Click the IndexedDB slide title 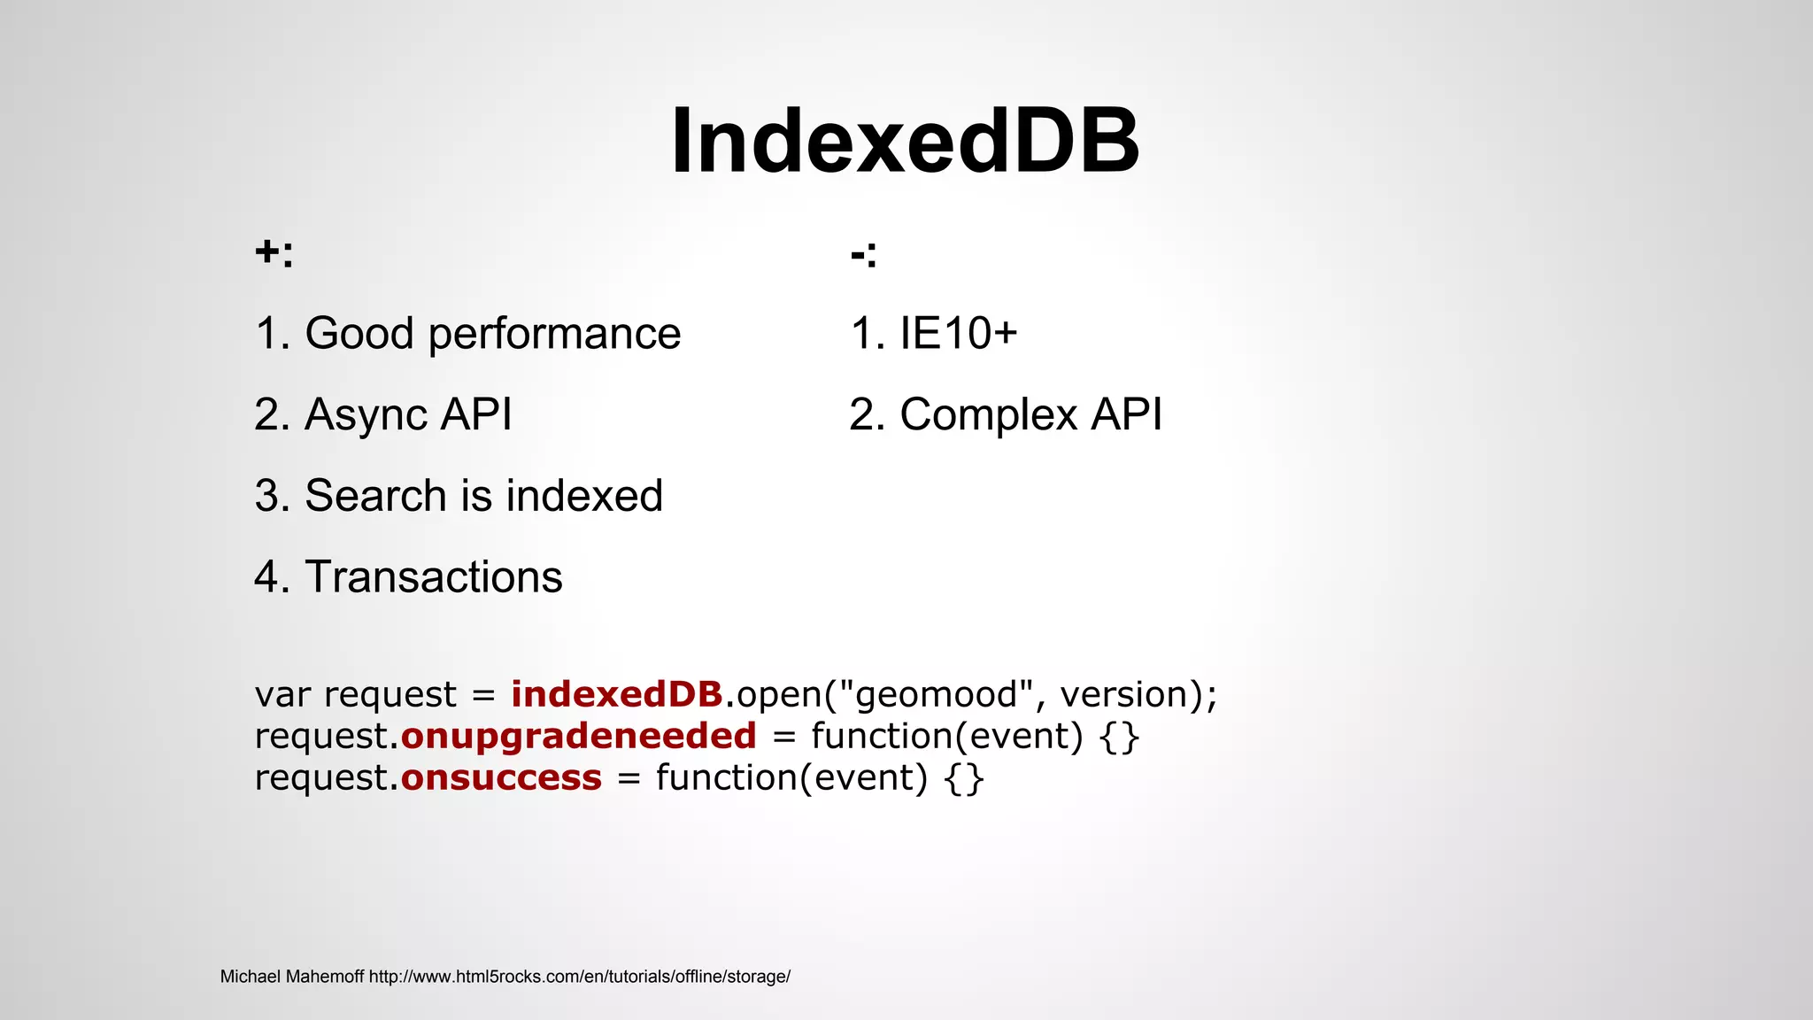(905, 142)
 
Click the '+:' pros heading (274, 253)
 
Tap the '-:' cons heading (863, 255)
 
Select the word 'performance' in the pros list (554, 335)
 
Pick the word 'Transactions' (434, 577)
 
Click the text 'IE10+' (959, 334)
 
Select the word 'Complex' (988, 414)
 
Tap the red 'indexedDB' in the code (617, 694)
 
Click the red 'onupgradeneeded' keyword (578, 736)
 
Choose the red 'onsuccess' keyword (501, 777)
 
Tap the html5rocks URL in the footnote (579, 977)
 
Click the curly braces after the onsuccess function (964, 778)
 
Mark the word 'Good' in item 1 (359, 334)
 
